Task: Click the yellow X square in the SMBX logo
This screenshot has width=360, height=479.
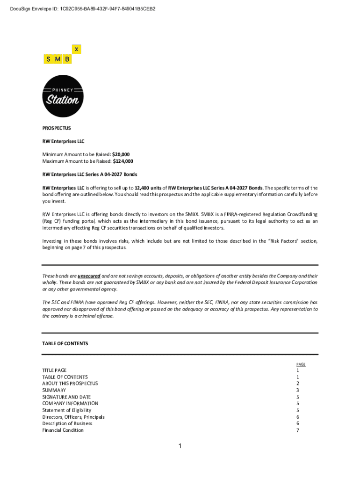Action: pyautogui.click(x=77, y=49)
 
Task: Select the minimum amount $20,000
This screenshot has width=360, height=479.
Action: pyautogui.click(x=121, y=154)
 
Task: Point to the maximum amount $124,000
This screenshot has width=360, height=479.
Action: pyautogui.click(x=123, y=161)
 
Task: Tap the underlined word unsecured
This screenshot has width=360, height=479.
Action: pyautogui.click(x=89, y=276)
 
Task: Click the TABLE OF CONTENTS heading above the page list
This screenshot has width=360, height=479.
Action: pyautogui.click(x=65, y=343)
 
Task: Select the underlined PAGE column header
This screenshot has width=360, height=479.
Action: pyautogui.click(x=301, y=364)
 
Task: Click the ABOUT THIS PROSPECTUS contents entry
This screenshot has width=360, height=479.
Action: pyautogui.click(x=70, y=384)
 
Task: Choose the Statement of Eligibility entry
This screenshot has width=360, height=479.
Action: pyautogui.click(x=67, y=410)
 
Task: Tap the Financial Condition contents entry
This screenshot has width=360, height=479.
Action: pyautogui.click(x=63, y=430)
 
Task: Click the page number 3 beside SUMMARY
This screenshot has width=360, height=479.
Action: pyautogui.click(x=297, y=390)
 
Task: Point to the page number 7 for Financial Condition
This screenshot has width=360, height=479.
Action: pyautogui.click(x=297, y=430)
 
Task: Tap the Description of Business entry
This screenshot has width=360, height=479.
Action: pyautogui.click(x=67, y=423)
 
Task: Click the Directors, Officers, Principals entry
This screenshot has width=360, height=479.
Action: pyautogui.click(x=73, y=417)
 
